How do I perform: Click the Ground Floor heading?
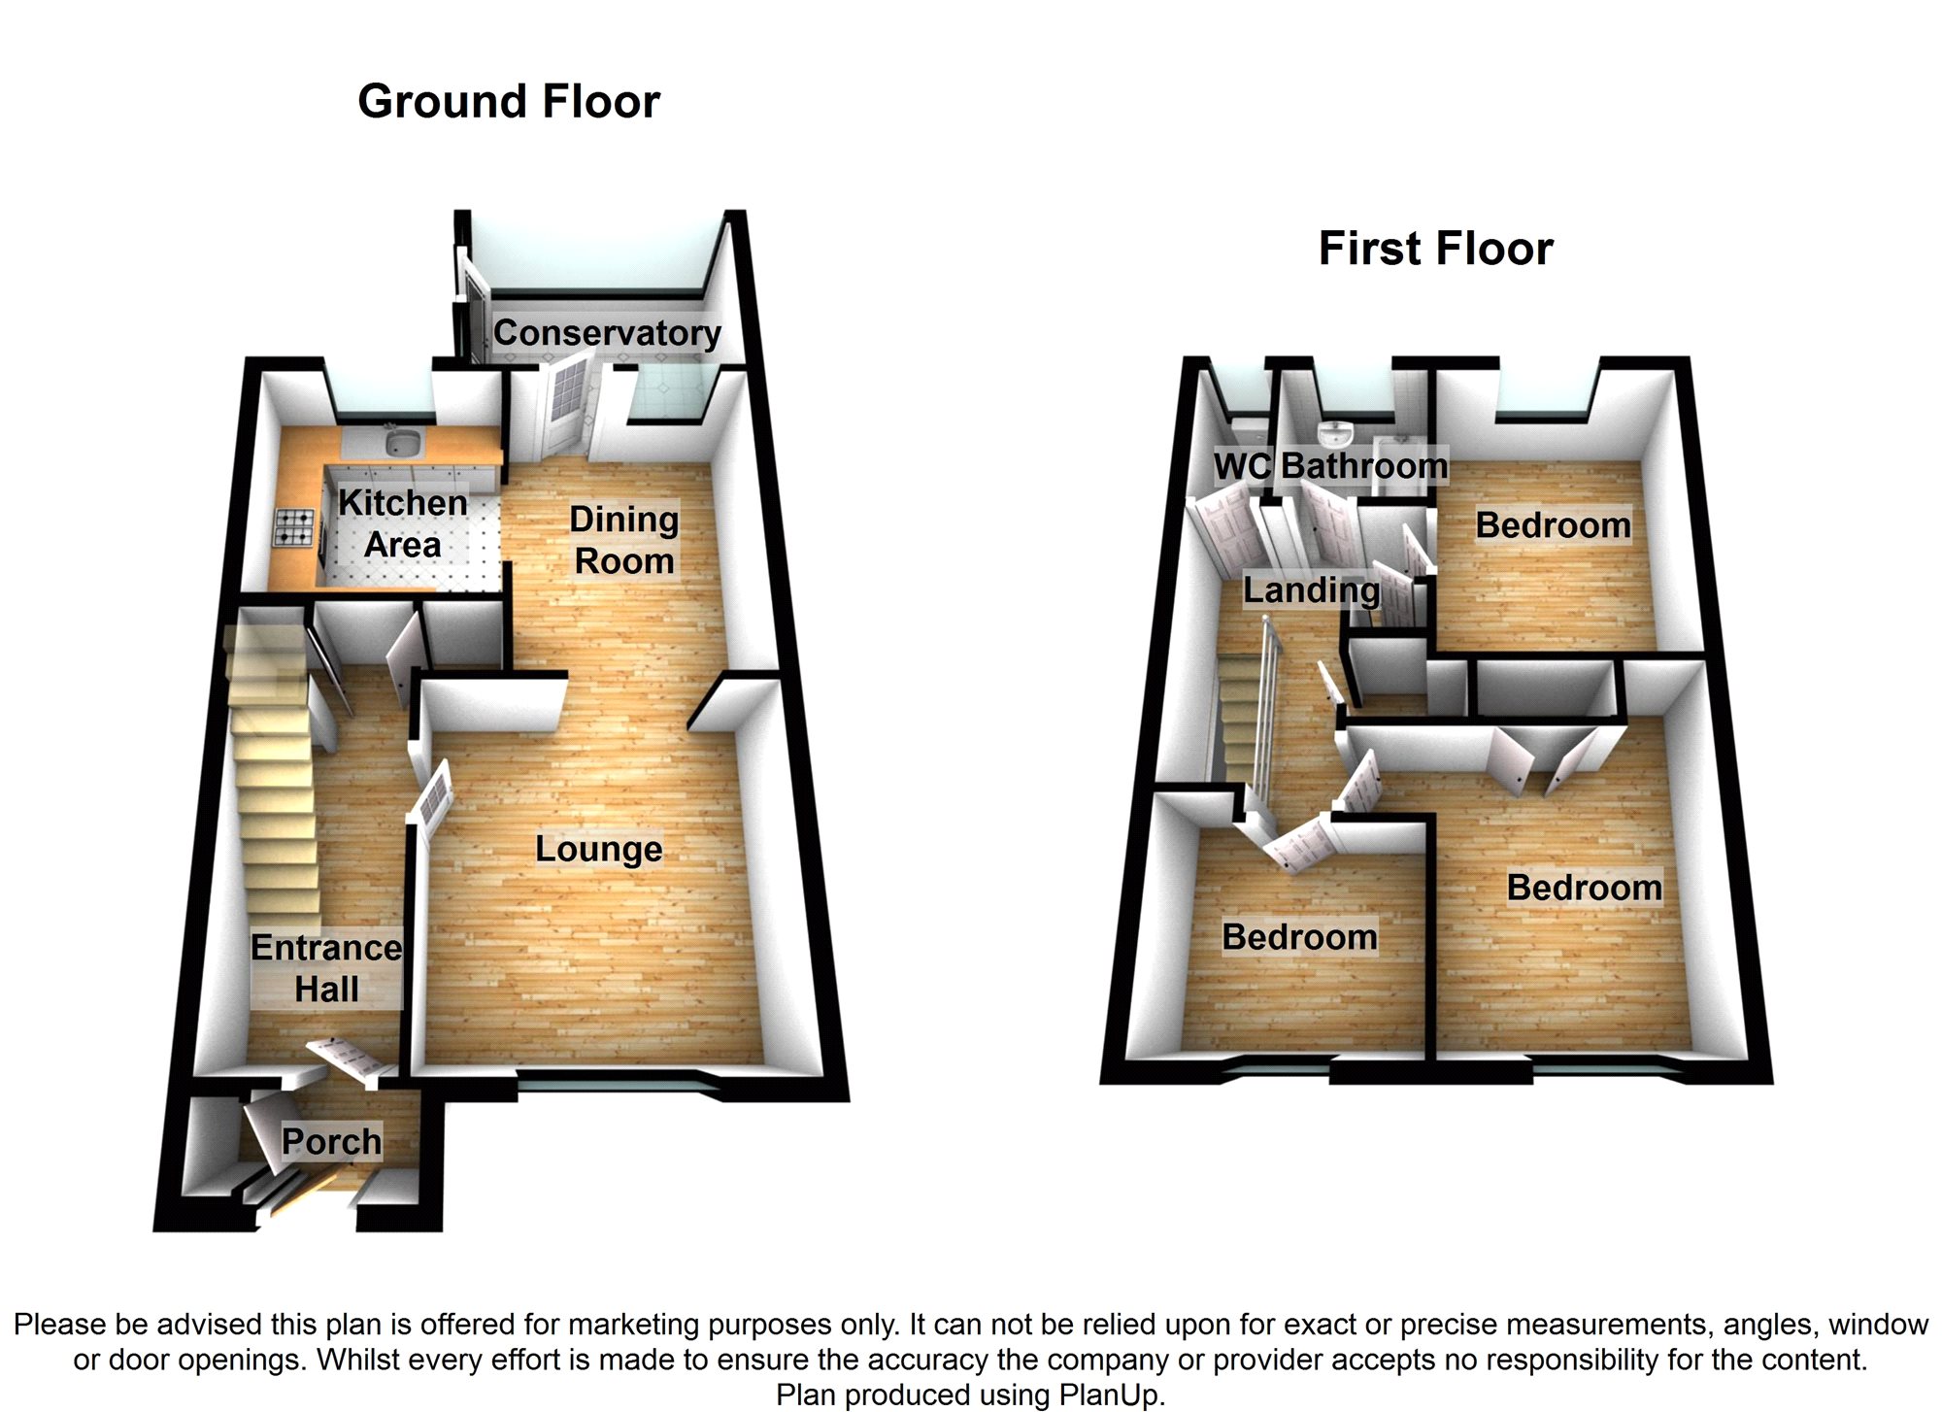[509, 102]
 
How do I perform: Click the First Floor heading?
[1435, 249]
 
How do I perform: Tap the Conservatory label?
[607, 333]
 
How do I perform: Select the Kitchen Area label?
[402, 523]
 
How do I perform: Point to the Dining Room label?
[623, 540]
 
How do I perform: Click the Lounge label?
[599, 849]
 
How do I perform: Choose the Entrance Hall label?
[326, 968]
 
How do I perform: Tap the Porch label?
[331, 1141]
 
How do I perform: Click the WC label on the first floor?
[1242, 466]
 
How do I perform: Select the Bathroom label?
[1364, 466]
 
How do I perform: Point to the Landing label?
[1311, 590]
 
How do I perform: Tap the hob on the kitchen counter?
[295, 528]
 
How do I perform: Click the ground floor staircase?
[274, 777]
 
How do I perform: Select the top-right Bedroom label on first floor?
[1554, 525]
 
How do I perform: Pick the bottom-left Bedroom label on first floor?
[1299, 937]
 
